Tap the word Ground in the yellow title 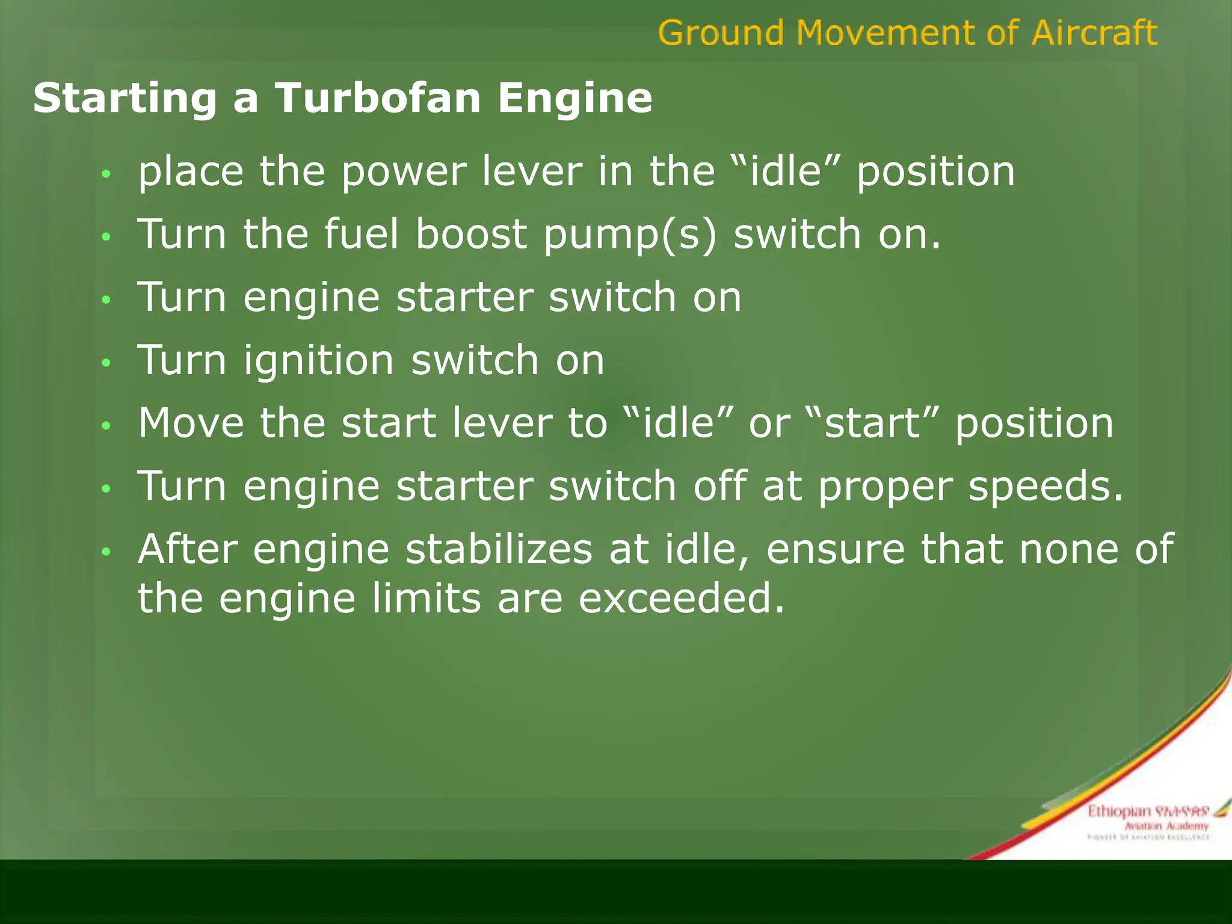(x=721, y=32)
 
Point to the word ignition (x=318, y=360)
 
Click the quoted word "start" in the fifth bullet (x=872, y=423)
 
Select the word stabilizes (x=499, y=549)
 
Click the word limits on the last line (x=426, y=599)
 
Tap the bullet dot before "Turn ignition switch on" (x=106, y=363)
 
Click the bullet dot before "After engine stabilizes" (x=106, y=552)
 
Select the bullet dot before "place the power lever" (x=106, y=174)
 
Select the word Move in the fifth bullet (x=191, y=423)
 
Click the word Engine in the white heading (x=574, y=98)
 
